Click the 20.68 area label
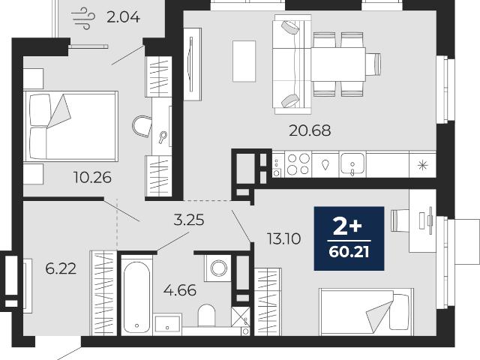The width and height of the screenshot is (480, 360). [310, 130]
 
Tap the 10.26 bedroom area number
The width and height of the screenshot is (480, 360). [92, 178]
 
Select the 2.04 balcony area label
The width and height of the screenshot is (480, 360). [123, 17]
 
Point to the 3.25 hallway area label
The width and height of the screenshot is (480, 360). [188, 220]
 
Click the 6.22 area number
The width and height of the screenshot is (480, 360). [61, 268]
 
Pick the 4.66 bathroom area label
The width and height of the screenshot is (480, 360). [180, 290]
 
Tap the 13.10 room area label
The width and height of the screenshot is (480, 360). [283, 238]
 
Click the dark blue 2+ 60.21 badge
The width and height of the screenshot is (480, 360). [349, 238]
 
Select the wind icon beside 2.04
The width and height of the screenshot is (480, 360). [83, 19]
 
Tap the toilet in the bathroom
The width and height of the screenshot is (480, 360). [207, 315]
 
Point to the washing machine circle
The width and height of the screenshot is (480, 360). [218, 268]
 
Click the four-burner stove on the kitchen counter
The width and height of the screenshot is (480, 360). [298, 164]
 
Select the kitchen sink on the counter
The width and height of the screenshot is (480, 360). [352, 164]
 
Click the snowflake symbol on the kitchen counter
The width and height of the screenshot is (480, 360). [422, 165]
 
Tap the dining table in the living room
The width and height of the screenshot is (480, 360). [338, 64]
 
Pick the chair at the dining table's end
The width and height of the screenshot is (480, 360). [373, 64]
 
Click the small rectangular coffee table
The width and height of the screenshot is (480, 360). [244, 61]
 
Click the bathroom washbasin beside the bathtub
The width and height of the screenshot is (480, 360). [167, 324]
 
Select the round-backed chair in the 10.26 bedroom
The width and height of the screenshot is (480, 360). [142, 126]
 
